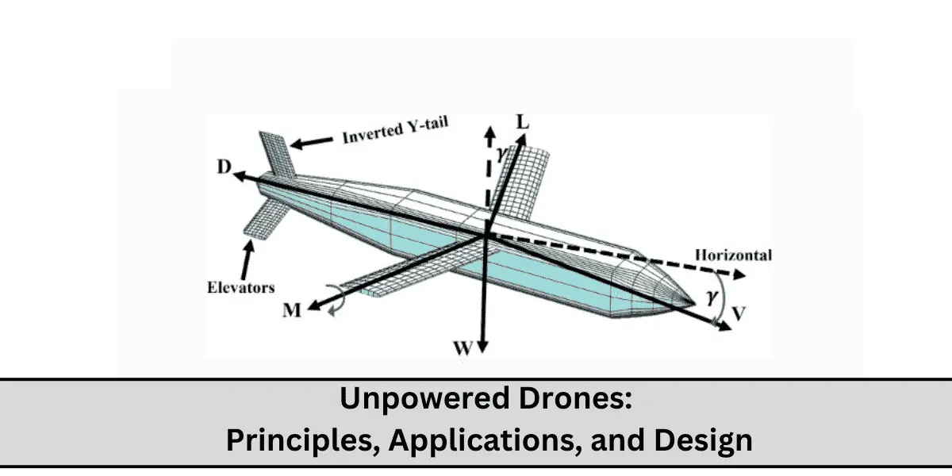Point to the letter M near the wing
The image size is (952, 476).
[293, 311]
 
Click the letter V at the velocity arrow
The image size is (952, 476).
[739, 313]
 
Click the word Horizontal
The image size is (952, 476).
[733, 255]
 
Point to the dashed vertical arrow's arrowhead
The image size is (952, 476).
[491, 131]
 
